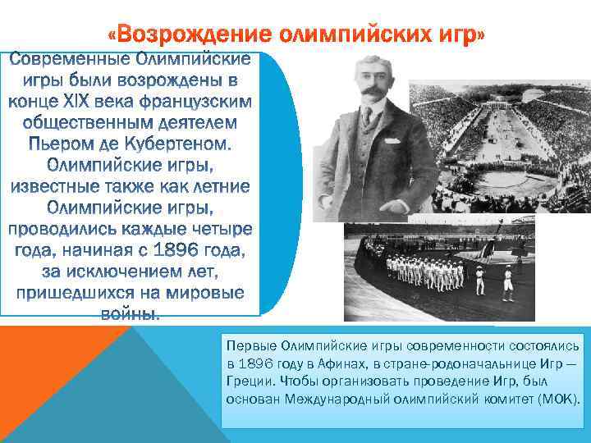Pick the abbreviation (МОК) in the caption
point(559,400)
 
